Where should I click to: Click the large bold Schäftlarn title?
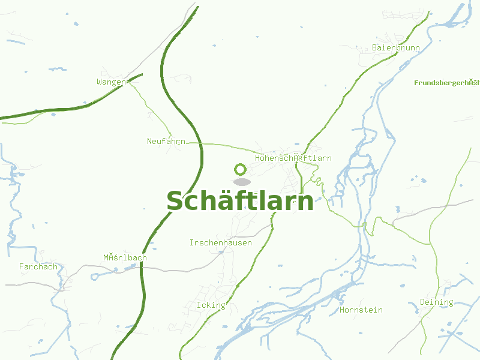pos(240,201)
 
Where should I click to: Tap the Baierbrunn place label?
pos(395,47)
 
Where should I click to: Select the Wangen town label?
pos(111,82)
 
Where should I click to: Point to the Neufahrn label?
pos(166,142)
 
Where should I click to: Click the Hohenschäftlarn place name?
pos(293,158)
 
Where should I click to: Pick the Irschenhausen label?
pos(220,243)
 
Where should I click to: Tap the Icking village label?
pos(211,305)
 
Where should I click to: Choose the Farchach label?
pos(38,267)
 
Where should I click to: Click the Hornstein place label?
pos(361,310)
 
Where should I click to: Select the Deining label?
pos(436,302)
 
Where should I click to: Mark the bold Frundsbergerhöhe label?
pos(446,82)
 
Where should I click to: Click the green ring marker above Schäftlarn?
pos(241,169)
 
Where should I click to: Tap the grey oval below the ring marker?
pos(242,182)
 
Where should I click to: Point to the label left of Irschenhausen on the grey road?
pos(125,258)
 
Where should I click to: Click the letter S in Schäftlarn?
pos(175,202)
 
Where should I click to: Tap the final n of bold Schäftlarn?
pos(306,202)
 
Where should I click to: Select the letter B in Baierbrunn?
pos(375,47)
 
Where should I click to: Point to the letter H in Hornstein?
pos(342,310)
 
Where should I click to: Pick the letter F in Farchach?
pos(22,267)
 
